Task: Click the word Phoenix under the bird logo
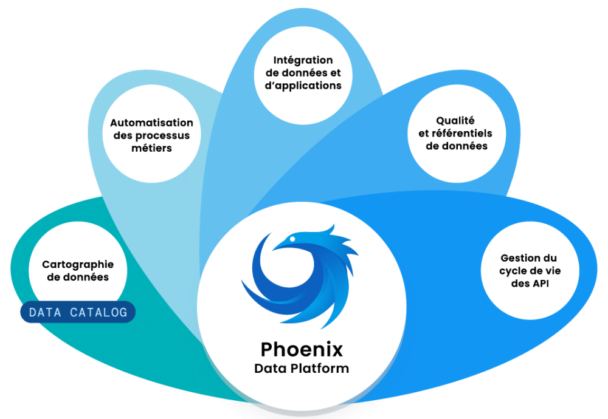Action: (302, 349)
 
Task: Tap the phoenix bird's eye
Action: (293, 239)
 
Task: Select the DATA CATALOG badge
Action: (78, 313)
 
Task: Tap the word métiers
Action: (151, 148)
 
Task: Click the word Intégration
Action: (303, 60)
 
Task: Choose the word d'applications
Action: (303, 86)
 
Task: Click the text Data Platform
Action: (302, 369)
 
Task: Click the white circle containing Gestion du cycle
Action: (528, 270)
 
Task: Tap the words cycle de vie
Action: (528, 271)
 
